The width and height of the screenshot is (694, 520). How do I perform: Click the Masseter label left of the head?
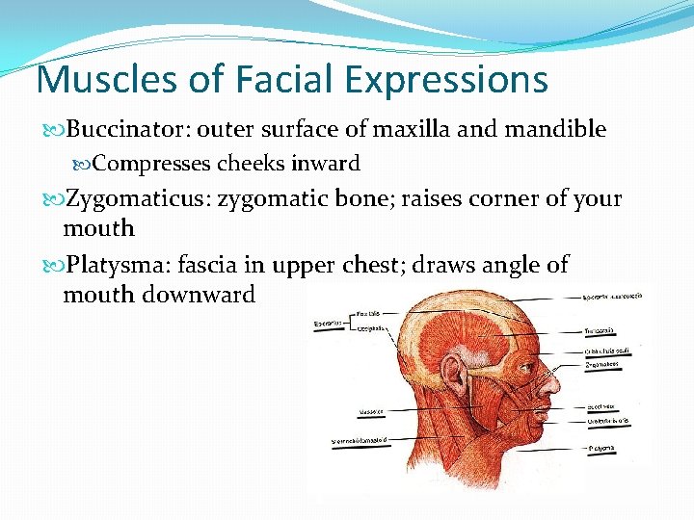[x=372, y=412]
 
